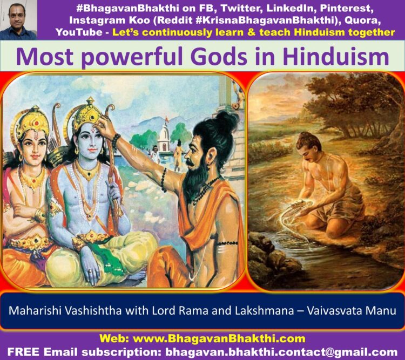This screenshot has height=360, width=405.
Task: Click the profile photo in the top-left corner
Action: [18, 20]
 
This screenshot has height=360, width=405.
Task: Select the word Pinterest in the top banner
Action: [347, 8]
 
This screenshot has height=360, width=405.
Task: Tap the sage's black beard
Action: [195, 178]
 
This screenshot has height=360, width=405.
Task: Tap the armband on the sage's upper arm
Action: [227, 243]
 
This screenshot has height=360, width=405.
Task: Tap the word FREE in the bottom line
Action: [24, 352]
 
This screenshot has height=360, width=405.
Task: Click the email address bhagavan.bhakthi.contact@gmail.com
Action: [281, 352]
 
